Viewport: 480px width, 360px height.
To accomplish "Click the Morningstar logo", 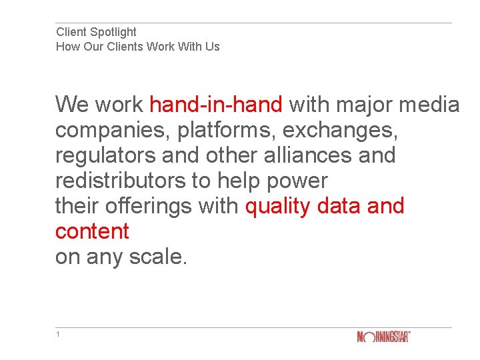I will tap(383, 337).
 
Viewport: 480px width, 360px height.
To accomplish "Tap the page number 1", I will tap(58, 334).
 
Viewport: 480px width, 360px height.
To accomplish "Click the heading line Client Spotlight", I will tap(96, 32).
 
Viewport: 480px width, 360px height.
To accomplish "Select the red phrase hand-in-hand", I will tap(216, 105).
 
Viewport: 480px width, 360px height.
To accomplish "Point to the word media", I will tap(431, 105).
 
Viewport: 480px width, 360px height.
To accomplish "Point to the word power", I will tap(298, 181).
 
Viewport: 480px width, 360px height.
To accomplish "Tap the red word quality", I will tap(279, 206).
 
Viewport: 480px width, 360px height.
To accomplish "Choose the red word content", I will tap(92, 231).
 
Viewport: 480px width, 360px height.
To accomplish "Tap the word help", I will tap(240, 181).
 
